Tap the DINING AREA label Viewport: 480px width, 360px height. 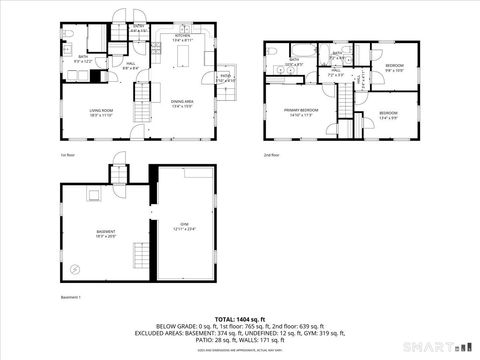pos(182,101)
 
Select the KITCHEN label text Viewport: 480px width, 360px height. pos(183,37)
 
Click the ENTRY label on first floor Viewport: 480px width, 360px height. pos(139,29)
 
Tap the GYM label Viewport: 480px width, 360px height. pos(184,225)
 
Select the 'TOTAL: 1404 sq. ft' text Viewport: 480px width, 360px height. pos(240,315)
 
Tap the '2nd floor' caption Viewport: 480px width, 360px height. pos(271,156)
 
